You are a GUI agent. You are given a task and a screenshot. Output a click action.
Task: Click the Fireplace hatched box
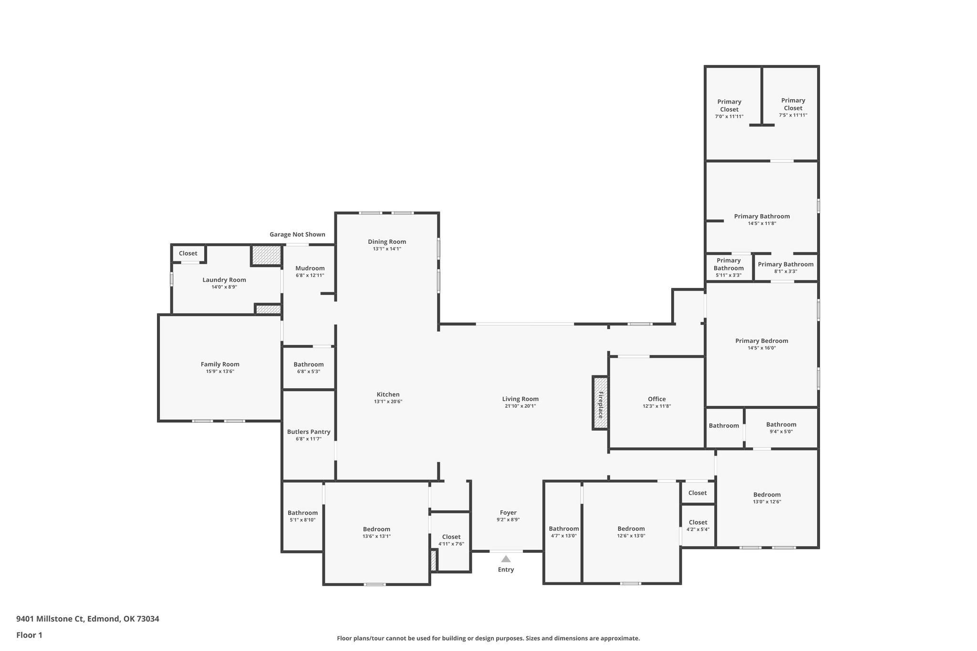(x=600, y=403)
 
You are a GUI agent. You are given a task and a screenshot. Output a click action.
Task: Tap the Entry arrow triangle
(x=506, y=559)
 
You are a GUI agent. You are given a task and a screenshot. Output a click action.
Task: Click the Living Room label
(x=520, y=399)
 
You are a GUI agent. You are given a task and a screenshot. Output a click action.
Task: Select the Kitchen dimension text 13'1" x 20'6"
(x=388, y=402)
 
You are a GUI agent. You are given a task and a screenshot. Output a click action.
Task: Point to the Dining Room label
(x=387, y=241)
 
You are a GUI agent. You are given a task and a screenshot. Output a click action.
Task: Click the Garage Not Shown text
(x=297, y=234)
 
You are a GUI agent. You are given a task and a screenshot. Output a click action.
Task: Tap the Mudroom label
(x=310, y=268)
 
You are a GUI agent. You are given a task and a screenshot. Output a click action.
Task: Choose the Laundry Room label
(x=224, y=280)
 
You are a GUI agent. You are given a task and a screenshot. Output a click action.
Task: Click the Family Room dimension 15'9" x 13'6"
(x=220, y=372)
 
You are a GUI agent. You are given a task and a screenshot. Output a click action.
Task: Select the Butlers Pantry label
(x=309, y=432)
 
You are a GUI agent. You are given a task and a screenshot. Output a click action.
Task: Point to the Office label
(x=657, y=399)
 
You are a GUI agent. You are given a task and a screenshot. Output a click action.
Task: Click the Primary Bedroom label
(x=761, y=341)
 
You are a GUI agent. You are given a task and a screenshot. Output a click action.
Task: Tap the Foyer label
(x=508, y=513)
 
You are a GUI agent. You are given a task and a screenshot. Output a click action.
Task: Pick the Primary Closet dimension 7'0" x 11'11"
(x=729, y=117)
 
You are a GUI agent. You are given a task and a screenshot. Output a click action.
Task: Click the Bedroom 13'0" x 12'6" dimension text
(x=767, y=502)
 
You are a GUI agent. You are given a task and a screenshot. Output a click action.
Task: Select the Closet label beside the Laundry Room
(x=188, y=253)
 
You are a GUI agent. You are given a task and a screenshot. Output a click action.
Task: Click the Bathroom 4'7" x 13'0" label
(x=563, y=528)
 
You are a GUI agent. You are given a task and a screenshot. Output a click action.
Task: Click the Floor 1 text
(x=29, y=635)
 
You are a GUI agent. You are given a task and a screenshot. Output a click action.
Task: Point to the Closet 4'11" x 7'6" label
(x=451, y=537)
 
